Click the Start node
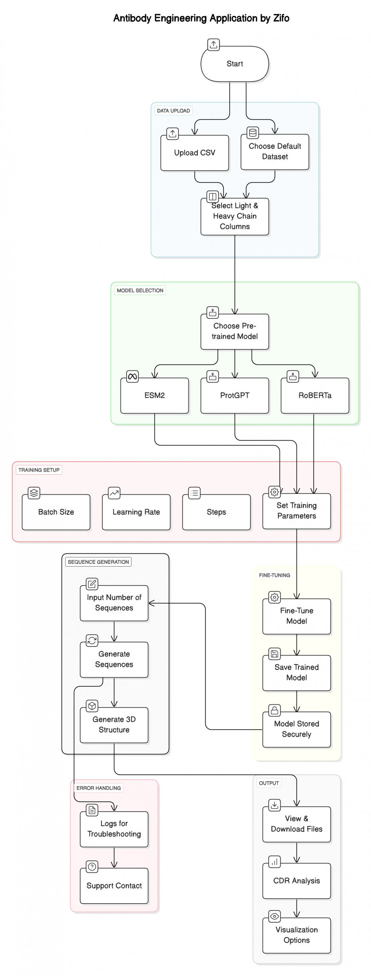[234, 64]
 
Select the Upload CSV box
[194, 153]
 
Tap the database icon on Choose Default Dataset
[252, 133]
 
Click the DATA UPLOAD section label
[173, 111]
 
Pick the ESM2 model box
[154, 395]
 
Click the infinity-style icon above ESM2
[132, 377]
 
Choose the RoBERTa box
[315, 395]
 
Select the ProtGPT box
[234, 395]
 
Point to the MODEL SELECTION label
[140, 291]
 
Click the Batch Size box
[56, 512]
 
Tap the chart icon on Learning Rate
[114, 493]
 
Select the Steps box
[216, 512]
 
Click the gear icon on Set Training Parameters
[274, 492]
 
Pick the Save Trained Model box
[296, 673]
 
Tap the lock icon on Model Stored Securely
[274, 710]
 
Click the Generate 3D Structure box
[114, 725]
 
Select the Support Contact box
[114, 886]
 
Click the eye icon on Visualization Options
[274, 916]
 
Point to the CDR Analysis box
[296, 881]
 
